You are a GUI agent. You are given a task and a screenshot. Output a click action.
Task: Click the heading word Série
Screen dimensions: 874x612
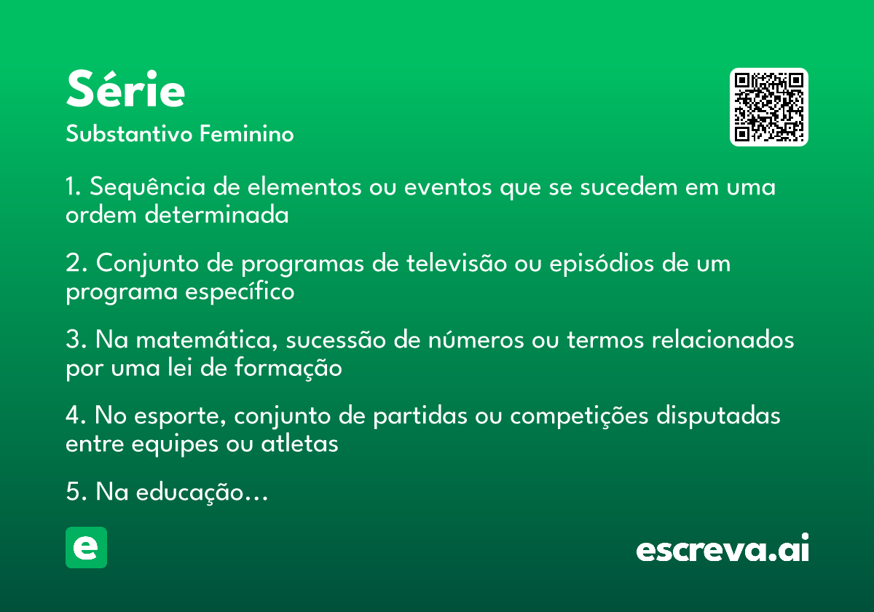coord(125,89)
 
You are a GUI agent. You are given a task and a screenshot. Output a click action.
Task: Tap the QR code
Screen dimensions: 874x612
coord(768,107)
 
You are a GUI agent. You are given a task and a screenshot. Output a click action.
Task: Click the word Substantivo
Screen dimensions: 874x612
coord(129,133)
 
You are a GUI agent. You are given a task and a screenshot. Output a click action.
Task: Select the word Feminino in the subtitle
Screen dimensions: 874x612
coord(247,133)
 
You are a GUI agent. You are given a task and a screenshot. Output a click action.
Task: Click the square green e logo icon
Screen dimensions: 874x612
coord(86,547)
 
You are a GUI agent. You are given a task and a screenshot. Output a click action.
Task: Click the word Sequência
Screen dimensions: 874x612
coord(147,187)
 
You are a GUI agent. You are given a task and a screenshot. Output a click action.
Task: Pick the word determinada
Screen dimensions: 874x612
coord(217,214)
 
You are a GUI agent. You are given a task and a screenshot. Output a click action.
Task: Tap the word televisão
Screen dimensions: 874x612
coord(457,263)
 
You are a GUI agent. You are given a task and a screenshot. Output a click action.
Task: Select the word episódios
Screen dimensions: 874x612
coord(602,264)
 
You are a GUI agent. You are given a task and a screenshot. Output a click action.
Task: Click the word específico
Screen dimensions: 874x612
coord(240,292)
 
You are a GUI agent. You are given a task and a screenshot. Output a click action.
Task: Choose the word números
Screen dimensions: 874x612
coord(476,340)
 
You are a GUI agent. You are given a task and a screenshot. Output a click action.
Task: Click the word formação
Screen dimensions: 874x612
coord(288,368)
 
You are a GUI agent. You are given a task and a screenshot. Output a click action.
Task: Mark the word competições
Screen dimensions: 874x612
coord(580,417)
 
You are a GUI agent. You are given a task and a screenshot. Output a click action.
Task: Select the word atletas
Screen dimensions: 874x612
coord(299,444)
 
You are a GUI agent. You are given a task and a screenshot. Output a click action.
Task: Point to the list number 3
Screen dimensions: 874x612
coord(74,340)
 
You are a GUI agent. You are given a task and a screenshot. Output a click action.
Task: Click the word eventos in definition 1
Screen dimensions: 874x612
coord(448,187)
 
